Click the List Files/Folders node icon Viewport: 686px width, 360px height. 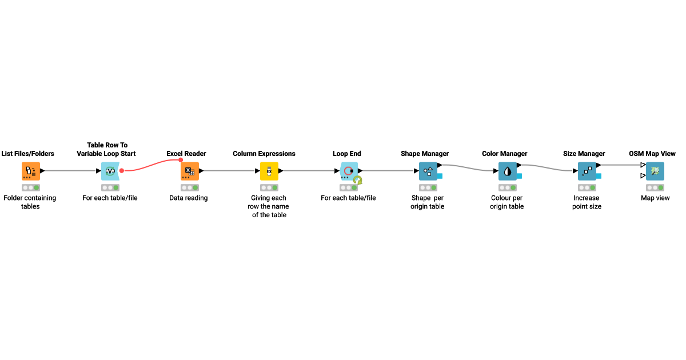[31, 171]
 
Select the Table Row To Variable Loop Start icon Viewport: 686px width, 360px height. [110, 171]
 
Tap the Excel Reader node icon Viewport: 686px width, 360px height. [189, 171]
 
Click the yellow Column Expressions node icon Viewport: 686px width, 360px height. [269, 171]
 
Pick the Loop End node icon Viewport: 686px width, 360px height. [348, 171]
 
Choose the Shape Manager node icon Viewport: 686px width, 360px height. [428, 171]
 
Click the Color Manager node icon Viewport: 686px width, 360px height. [506, 171]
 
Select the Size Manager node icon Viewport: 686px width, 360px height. [587, 171]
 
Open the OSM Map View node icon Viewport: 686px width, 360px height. [655, 171]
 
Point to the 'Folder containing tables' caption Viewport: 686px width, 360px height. [30, 202]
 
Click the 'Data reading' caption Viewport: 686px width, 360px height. [189, 198]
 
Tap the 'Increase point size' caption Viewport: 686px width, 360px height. [587, 202]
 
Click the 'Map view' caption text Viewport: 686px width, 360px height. [655, 198]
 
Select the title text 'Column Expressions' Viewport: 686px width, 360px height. [264, 154]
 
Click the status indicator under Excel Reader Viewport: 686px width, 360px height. [189, 187]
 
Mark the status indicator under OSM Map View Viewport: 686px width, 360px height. [655, 187]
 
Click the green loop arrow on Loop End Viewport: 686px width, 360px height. [357, 181]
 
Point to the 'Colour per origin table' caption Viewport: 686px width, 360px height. [506, 202]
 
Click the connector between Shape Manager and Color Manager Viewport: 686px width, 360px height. [467, 167]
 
